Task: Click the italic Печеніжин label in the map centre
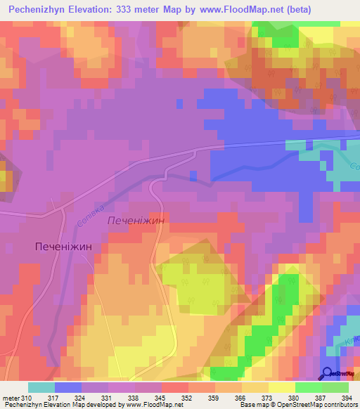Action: [136, 221]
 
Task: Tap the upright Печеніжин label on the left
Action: [64, 247]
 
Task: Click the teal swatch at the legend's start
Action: [41, 387]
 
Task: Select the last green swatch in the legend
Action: [335, 387]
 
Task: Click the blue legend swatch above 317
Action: [67, 387]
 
